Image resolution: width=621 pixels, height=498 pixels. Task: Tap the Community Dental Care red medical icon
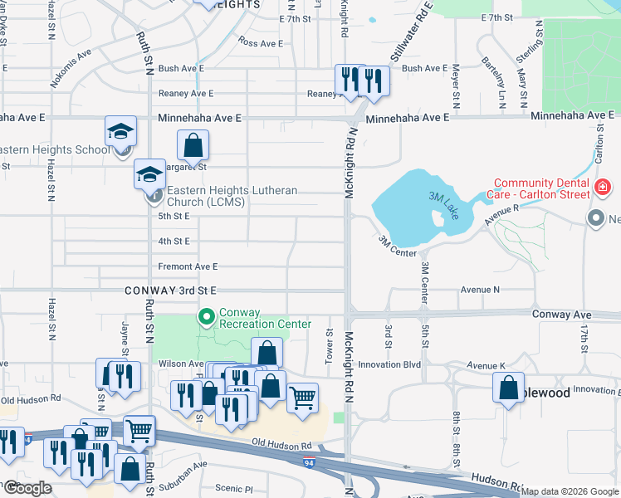click(x=603, y=189)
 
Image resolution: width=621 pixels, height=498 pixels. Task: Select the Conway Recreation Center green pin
click(x=204, y=317)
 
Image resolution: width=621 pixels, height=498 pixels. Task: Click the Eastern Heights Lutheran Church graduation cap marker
click(x=150, y=174)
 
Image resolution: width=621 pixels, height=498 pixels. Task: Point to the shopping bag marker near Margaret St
click(x=193, y=147)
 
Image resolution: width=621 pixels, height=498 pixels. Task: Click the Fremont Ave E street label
click(x=188, y=266)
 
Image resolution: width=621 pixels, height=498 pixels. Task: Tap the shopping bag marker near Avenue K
click(x=508, y=388)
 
